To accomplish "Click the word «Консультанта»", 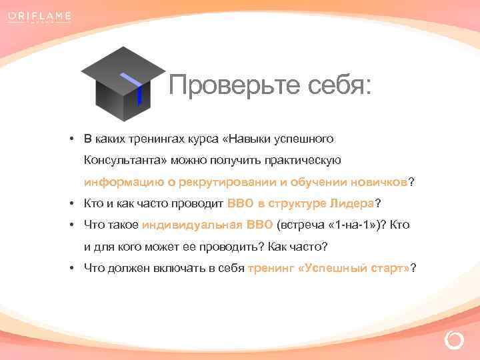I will [124, 161].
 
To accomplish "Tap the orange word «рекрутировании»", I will [227, 182].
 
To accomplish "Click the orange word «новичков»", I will [379, 182].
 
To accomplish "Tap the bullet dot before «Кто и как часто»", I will [70, 203].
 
